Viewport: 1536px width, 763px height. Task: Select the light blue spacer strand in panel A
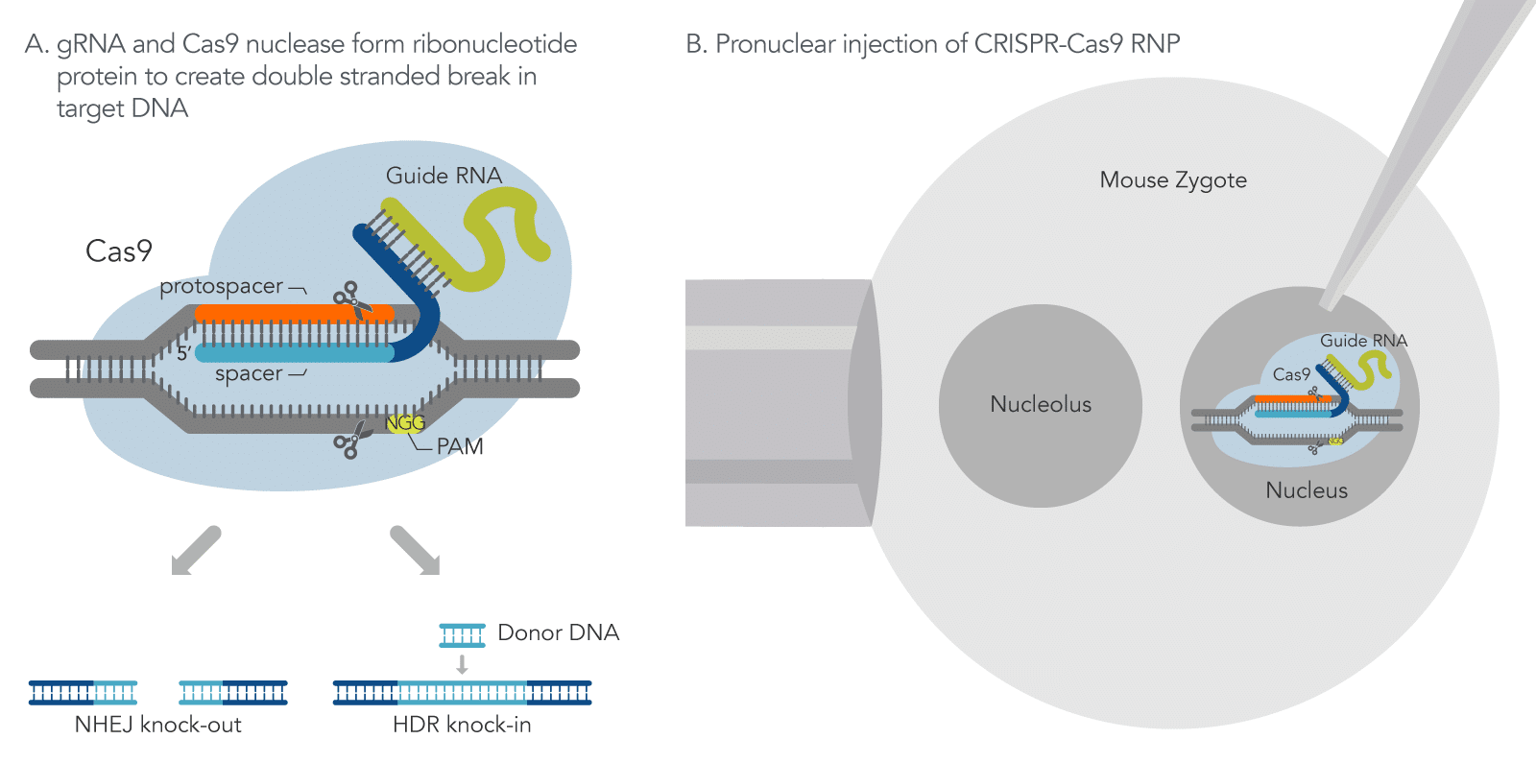[x=288, y=353]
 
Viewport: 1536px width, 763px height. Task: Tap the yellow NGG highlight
[x=404, y=423]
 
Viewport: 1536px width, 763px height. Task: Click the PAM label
[x=460, y=446]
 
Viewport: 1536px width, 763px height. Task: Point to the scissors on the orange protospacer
[x=352, y=299]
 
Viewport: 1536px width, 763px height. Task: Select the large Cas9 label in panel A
[x=119, y=251]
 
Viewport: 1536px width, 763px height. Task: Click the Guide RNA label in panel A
[x=444, y=176]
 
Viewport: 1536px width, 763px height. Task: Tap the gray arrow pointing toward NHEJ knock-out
[x=195, y=551]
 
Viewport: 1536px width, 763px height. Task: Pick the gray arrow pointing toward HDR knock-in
[x=416, y=551]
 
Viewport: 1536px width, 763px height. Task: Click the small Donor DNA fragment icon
[x=462, y=634]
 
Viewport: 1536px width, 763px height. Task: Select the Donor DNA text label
[x=558, y=633]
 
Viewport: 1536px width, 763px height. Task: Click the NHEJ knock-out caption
[x=158, y=725]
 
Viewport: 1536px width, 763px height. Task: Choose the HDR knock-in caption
[x=462, y=725]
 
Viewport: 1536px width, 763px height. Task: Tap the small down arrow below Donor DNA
[x=462, y=664]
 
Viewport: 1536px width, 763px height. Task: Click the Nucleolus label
[x=1041, y=404]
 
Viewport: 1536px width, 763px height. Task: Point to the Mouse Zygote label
[x=1173, y=180]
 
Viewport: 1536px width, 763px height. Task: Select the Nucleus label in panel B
[x=1307, y=490]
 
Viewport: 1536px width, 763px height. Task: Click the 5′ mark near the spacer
[x=183, y=353]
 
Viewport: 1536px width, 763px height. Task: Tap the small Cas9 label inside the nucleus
[x=1291, y=374]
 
